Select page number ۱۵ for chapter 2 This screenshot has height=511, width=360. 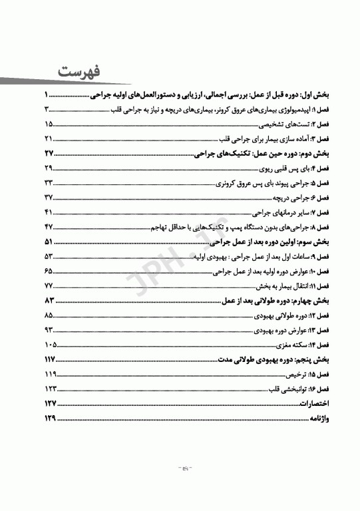tap(49, 124)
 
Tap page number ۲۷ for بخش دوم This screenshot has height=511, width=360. tap(49, 153)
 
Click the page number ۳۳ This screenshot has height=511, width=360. tap(49, 182)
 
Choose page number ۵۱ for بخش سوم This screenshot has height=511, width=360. tap(49, 242)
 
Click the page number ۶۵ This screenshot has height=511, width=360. tap(49, 271)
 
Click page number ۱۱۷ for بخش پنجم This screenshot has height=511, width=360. tap(49, 359)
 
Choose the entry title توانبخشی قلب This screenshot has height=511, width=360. tap(282, 389)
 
